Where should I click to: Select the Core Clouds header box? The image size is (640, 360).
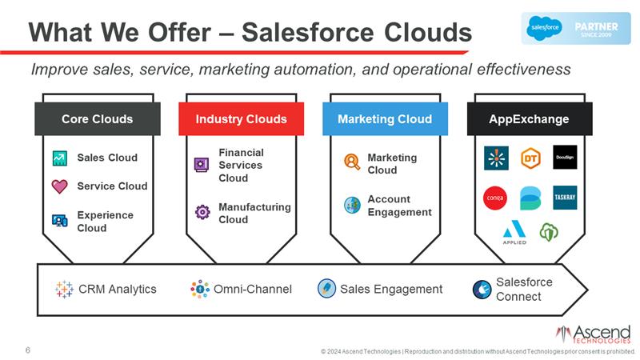click(x=97, y=119)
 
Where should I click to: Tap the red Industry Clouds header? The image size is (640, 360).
click(x=241, y=119)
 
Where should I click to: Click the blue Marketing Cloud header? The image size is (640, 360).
click(x=384, y=119)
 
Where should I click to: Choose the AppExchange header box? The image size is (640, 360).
click(x=529, y=119)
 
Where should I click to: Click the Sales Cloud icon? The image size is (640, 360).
click(x=60, y=158)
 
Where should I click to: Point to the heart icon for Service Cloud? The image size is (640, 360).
click(x=60, y=186)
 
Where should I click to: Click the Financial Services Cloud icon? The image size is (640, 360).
click(x=202, y=165)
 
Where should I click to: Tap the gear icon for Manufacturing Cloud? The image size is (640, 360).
click(x=202, y=213)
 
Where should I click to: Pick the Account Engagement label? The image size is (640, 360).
click(x=399, y=206)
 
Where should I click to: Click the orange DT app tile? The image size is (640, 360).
click(x=530, y=158)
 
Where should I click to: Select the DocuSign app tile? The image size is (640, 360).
click(x=564, y=158)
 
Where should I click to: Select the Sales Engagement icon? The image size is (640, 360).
click(x=326, y=289)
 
